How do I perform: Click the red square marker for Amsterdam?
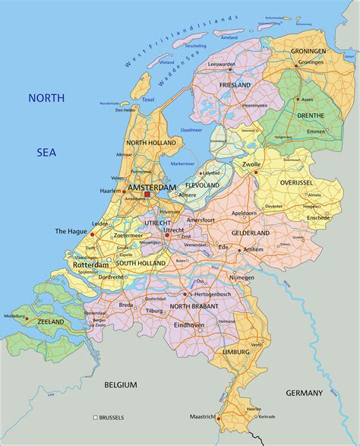(147, 195)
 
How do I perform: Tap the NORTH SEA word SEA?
(46, 152)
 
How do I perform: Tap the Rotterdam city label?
(91, 264)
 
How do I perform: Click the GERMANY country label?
(305, 392)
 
